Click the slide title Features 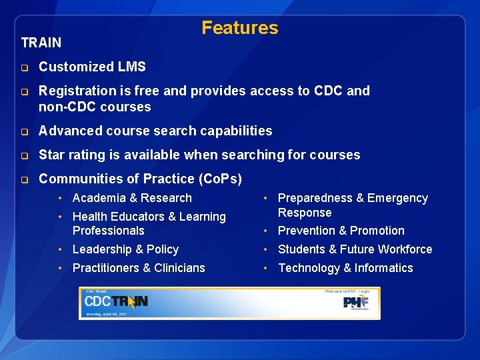click(240, 28)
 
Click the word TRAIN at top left click(41, 43)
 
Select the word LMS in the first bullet click(133, 67)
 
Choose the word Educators click(137, 217)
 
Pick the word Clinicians click(177, 268)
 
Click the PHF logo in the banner click(355, 303)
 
